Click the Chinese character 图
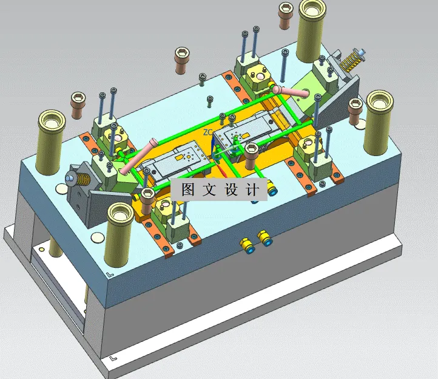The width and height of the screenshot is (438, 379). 188,189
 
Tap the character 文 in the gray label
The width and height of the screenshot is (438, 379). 209,189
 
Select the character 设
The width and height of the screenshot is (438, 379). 231,189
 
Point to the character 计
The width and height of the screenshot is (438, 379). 252,189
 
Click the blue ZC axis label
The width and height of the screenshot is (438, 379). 208,132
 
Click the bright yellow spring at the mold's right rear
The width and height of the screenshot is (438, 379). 349,62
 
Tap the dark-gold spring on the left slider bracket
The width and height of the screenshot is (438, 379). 83,179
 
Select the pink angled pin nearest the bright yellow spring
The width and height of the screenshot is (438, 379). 291,92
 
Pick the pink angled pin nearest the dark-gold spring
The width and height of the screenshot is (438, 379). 138,155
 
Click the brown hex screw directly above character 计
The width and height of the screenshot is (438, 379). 251,156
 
